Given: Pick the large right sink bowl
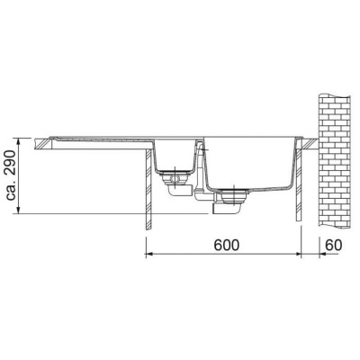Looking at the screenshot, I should (247, 162).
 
